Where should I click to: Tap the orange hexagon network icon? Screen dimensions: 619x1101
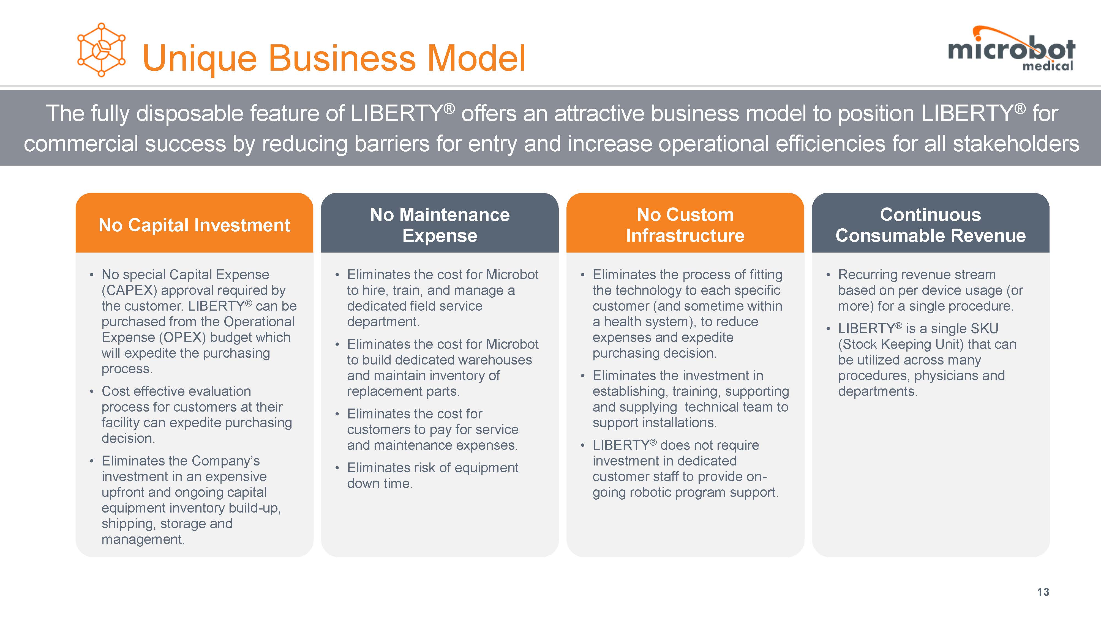tap(101, 50)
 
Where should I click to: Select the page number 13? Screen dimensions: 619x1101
tap(1043, 592)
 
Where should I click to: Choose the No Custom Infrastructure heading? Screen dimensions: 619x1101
tap(685, 225)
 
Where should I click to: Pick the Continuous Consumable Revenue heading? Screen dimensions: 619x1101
tap(930, 225)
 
